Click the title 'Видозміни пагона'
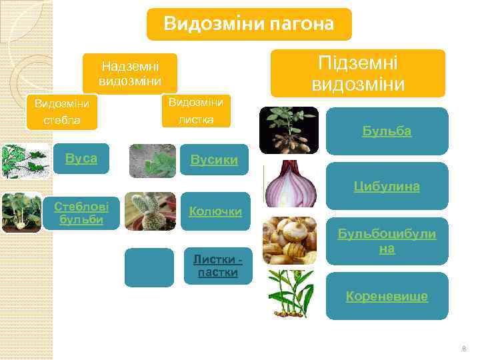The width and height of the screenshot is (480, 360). pos(249,25)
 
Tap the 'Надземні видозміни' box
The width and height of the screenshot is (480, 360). pos(130,73)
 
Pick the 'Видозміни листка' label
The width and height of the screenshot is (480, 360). pos(196,110)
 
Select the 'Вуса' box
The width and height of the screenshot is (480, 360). pos(81,159)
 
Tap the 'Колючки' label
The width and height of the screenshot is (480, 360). pos(215,211)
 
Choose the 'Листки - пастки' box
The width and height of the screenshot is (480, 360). pos(217,266)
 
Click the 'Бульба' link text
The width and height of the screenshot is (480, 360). pos(387,131)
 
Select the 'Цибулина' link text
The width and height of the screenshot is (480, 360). pos(387,186)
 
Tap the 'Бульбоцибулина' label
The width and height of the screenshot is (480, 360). pos(387,241)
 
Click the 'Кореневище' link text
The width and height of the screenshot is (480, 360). pos(387,296)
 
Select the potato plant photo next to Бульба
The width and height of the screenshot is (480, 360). pos(289,131)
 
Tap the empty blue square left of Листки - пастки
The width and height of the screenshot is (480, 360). pos(149,267)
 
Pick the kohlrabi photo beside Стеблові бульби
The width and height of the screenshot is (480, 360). pos(21,212)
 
